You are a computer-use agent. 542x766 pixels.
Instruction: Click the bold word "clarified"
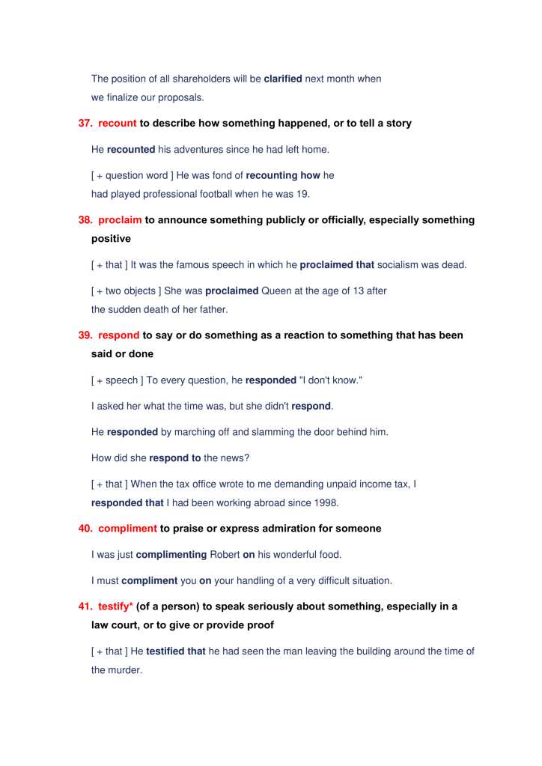[x=283, y=79]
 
